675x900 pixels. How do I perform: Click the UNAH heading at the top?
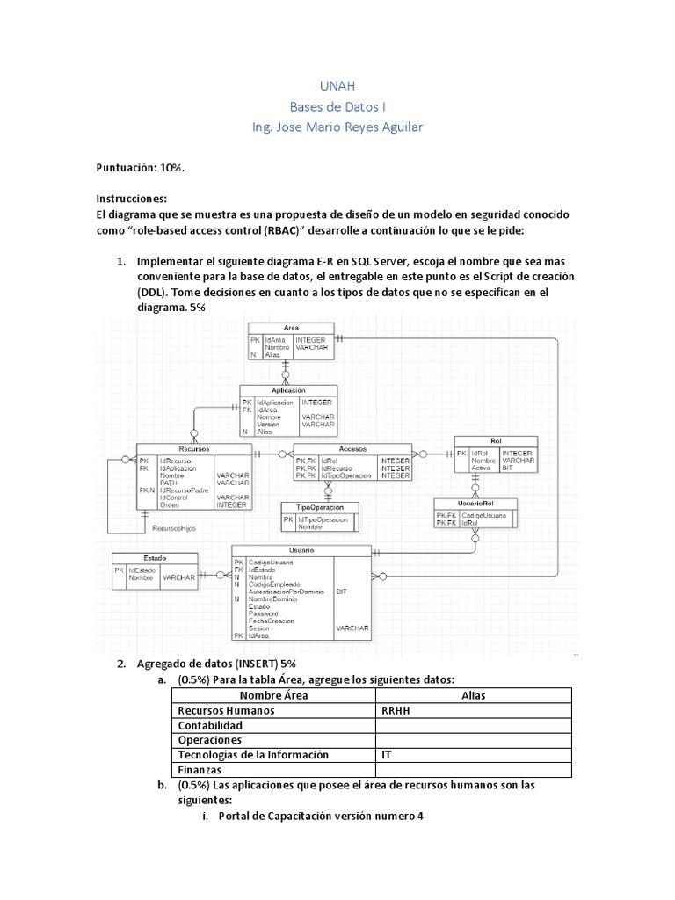pos(337,86)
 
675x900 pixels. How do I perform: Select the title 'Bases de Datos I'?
pos(337,106)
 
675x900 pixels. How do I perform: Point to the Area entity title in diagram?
pos(291,327)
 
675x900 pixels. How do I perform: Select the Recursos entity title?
pos(193,448)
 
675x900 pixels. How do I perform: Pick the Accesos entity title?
pos(352,448)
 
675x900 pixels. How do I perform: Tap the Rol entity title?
pos(496,441)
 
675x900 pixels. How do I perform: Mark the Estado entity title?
pos(156,557)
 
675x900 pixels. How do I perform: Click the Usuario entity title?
pos(301,550)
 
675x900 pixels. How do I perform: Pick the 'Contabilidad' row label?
pos(210,725)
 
